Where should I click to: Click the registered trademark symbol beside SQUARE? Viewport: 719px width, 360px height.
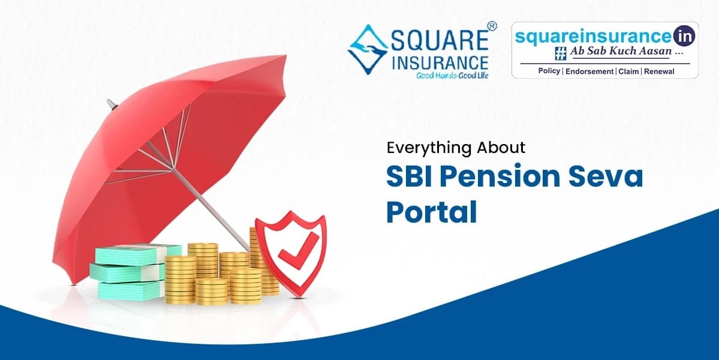(x=492, y=26)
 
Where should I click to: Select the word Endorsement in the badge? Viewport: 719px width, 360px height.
(x=588, y=71)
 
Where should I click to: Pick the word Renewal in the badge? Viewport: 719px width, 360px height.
(x=660, y=71)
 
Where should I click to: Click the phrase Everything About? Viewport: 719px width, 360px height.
(x=455, y=147)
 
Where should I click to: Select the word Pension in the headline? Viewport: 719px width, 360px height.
(x=502, y=178)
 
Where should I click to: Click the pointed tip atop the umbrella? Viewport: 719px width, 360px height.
(x=109, y=103)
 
